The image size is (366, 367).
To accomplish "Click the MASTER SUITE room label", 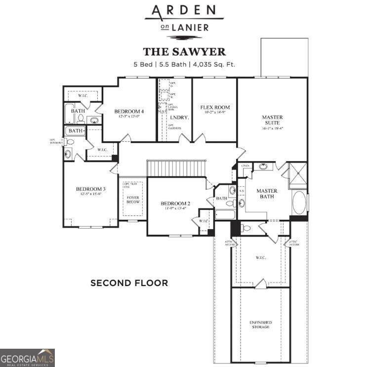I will (x=272, y=120).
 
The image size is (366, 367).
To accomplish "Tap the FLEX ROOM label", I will (x=215, y=107).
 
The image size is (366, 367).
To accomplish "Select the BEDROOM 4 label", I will (x=129, y=111).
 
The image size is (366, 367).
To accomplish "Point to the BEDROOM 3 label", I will (x=90, y=189).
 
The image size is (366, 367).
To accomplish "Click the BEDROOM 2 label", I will (x=175, y=204).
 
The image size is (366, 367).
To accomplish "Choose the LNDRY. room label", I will (x=177, y=118).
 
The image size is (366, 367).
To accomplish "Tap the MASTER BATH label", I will (x=267, y=194).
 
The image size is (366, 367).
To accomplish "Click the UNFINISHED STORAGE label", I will (x=260, y=325).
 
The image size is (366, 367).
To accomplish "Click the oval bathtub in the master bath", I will (x=299, y=203).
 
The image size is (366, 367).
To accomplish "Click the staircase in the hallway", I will (x=176, y=168).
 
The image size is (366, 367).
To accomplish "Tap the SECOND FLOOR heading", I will (x=129, y=283).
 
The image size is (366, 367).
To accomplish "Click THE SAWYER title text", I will (x=184, y=51).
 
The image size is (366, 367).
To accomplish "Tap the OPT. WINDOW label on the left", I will (x=55, y=141).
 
